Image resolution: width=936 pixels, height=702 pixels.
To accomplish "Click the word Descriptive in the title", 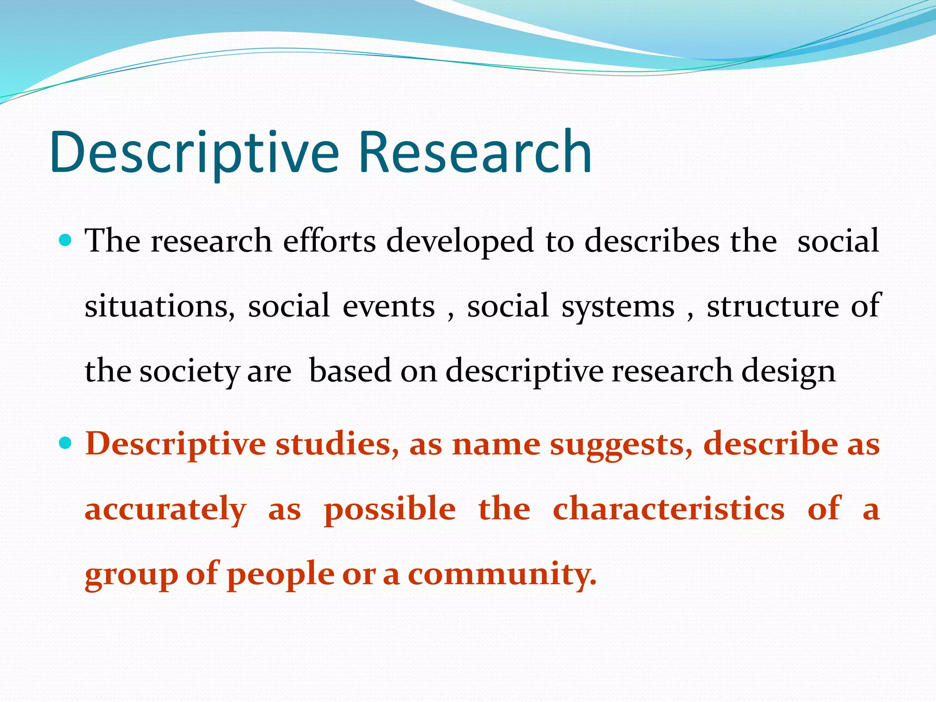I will (x=195, y=153).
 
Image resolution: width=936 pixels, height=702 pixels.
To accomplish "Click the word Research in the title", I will (x=475, y=153).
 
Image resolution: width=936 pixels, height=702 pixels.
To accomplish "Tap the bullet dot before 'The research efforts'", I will (x=65, y=239).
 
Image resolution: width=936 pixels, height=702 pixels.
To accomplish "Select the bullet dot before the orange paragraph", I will (x=65, y=443).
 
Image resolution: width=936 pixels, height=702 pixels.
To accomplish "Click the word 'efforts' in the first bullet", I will (x=329, y=241).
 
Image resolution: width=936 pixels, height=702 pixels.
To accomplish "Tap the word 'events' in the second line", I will (x=388, y=306).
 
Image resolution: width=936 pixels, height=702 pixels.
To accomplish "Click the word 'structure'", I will (x=772, y=306).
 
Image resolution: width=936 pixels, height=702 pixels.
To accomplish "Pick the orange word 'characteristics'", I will (x=669, y=509).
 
